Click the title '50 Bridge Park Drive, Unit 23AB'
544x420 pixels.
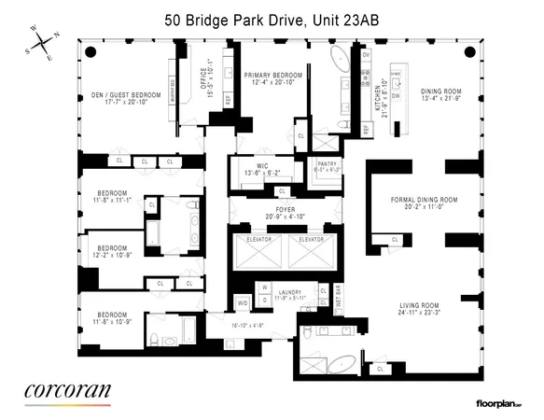[271, 18]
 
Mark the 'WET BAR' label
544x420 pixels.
[337, 298]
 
